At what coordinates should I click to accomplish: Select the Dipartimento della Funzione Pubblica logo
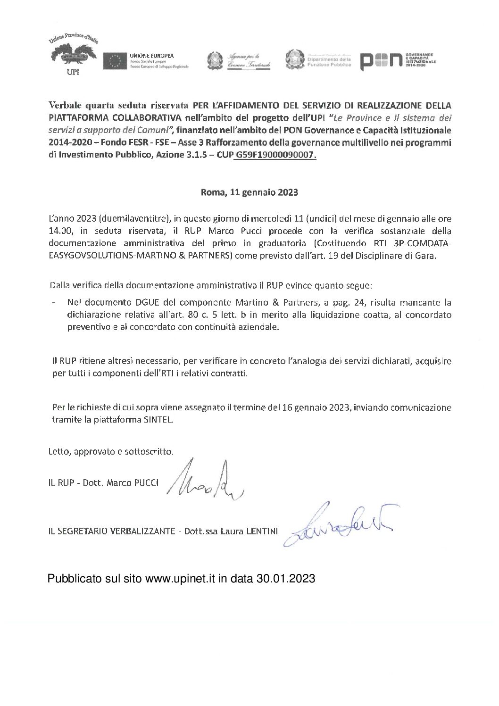coord(319,60)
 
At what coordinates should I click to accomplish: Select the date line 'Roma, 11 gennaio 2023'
coord(249,192)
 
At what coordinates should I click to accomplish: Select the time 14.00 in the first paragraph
coord(59,231)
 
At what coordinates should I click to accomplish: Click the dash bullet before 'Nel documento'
coord(56,302)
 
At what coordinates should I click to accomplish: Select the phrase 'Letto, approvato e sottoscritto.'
coord(111,451)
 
